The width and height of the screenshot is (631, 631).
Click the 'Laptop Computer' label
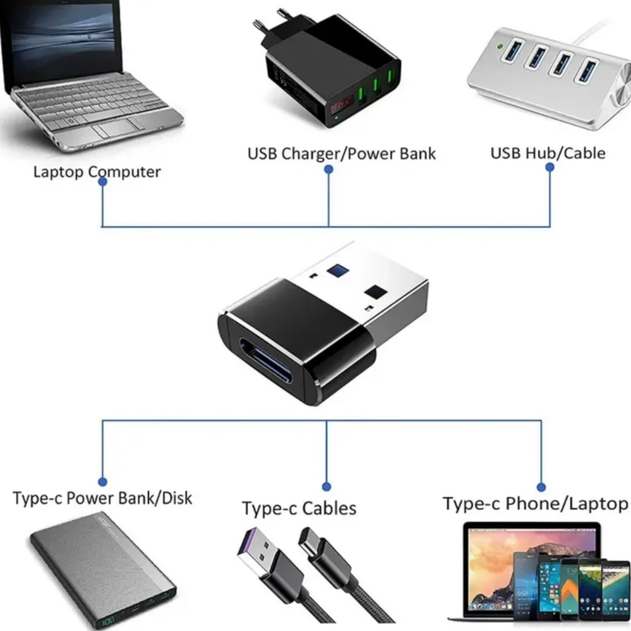[x=97, y=172]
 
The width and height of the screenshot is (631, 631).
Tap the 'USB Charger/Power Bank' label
[x=341, y=153]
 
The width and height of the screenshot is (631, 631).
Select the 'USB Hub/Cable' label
[x=548, y=153]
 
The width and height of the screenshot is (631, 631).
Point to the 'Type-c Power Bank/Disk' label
[x=102, y=498]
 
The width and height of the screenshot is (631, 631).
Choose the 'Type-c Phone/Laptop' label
[x=535, y=504]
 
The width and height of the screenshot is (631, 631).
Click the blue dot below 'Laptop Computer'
[x=102, y=182]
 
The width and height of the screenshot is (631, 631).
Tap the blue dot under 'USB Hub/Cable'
[x=550, y=167]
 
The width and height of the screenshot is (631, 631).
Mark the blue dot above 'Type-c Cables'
[x=326, y=486]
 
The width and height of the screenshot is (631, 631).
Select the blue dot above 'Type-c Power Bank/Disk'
[x=103, y=481]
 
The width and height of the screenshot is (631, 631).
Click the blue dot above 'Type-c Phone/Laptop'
[x=541, y=487]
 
